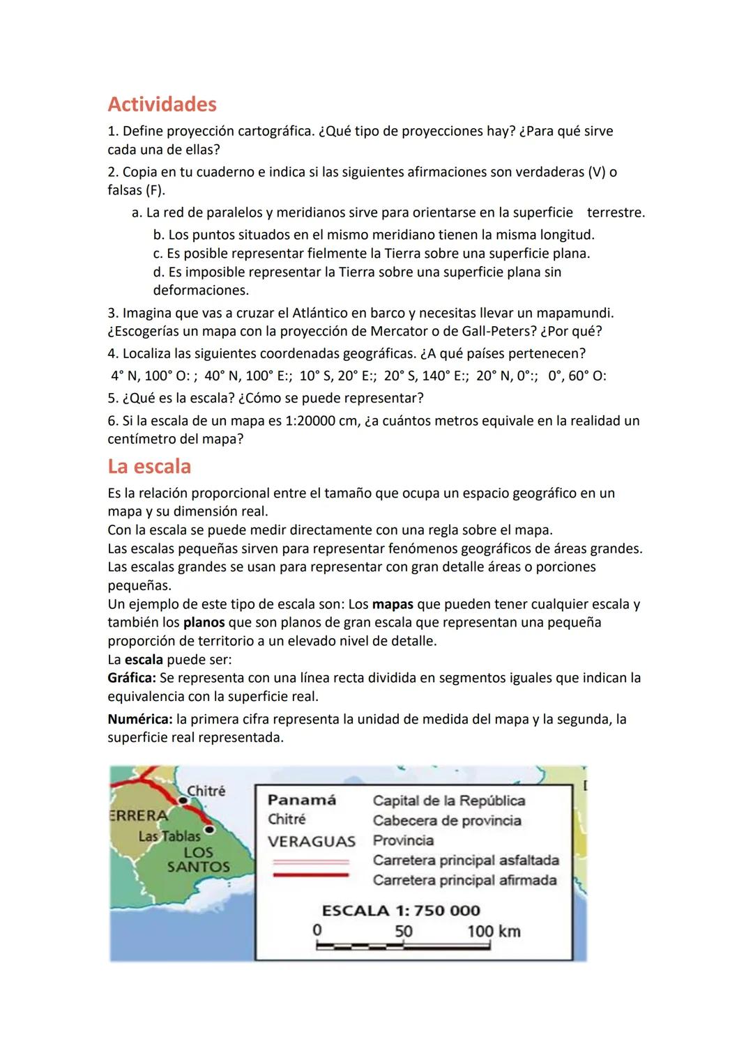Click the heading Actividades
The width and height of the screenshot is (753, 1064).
(x=162, y=105)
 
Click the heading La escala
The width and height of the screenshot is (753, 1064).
(x=149, y=466)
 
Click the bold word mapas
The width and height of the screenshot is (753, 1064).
(x=393, y=604)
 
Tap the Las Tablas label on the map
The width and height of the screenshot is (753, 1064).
(x=169, y=836)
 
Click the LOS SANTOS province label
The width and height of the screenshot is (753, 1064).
(x=199, y=860)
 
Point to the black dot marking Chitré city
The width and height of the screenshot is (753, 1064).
(x=183, y=801)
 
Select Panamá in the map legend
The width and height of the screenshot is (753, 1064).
(x=301, y=800)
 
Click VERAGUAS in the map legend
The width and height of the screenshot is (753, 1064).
(x=312, y=841)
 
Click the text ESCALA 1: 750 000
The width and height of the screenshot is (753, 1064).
(x=401, y=911)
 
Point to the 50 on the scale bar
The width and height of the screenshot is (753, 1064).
(x=404, y=932)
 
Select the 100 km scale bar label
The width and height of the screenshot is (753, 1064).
(x=494, y=932)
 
